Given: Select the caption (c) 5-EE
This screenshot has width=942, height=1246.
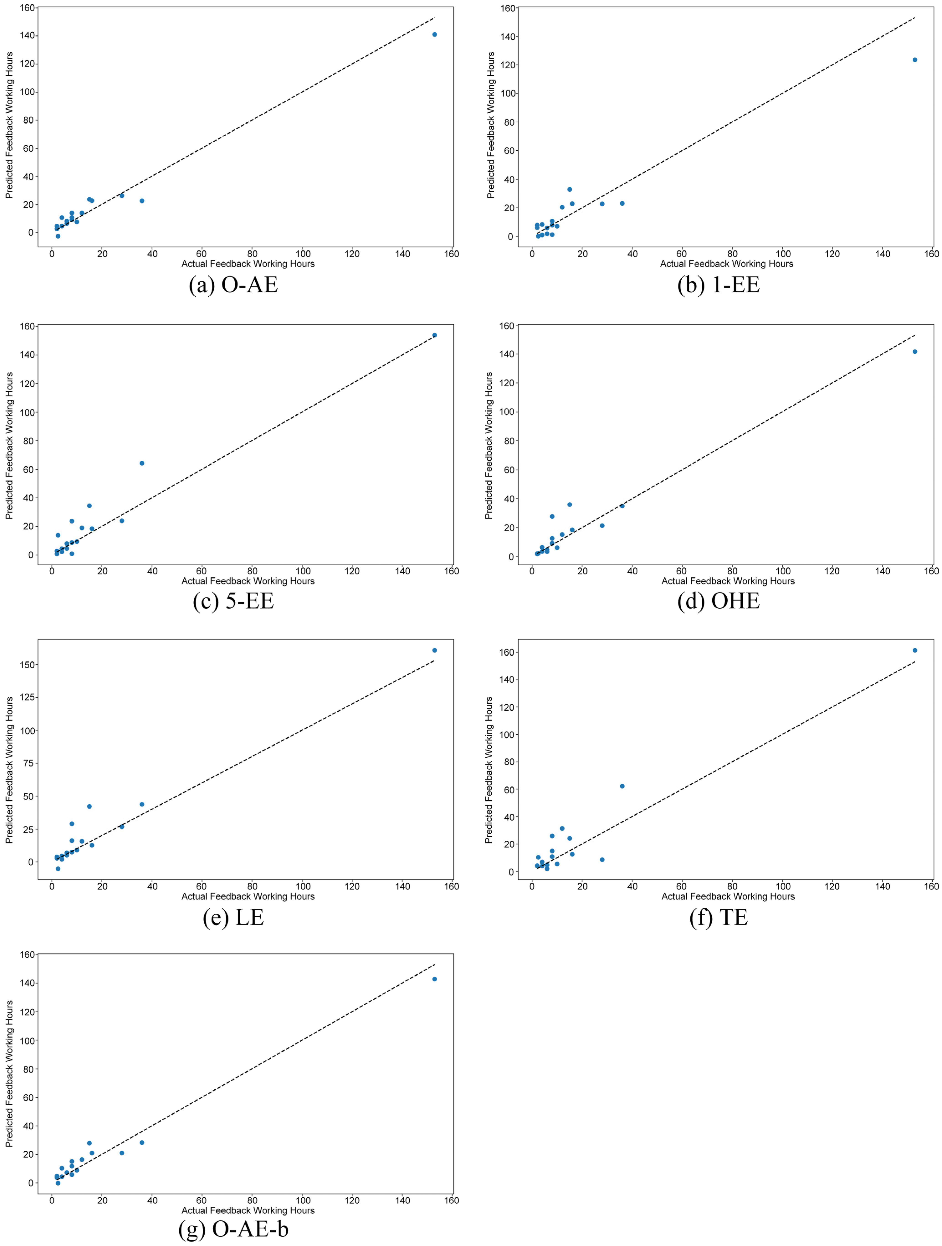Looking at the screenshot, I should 233,601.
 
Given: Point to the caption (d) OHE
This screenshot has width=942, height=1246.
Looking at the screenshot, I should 719,601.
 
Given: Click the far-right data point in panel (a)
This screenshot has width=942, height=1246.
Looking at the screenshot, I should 434,34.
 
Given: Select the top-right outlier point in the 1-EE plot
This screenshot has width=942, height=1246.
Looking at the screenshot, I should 914,60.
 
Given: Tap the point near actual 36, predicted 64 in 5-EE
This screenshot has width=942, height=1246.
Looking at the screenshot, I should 142,463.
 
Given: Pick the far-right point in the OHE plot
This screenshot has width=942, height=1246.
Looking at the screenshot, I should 914,352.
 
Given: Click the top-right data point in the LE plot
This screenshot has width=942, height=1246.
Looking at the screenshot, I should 434,650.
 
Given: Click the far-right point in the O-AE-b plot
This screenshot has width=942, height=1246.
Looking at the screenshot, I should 434,979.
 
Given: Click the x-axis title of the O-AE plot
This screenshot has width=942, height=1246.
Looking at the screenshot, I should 248,264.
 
